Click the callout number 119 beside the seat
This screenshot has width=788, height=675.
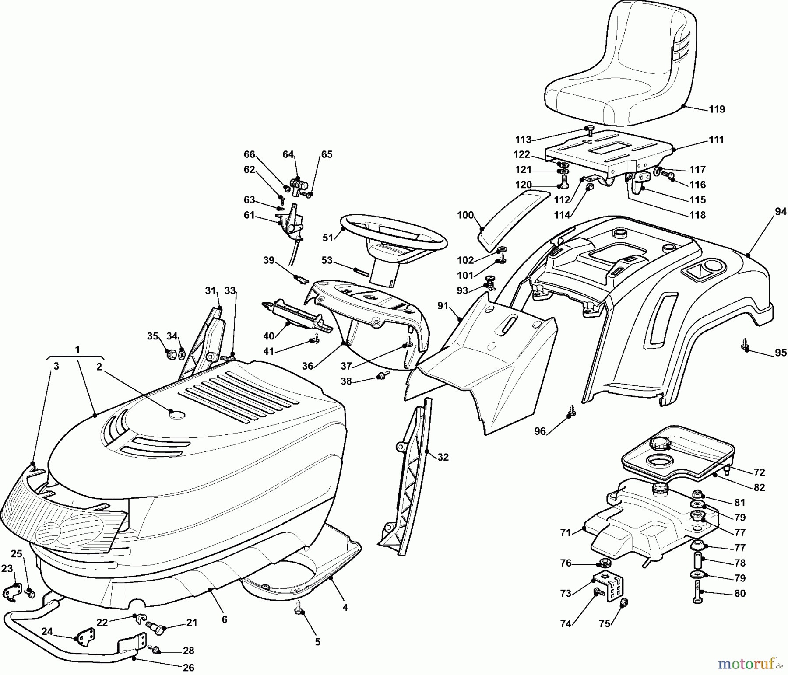(x=717, y=109)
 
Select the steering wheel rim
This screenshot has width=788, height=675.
(x=394, y=221)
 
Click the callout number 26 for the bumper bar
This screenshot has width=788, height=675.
(x=189, y=668)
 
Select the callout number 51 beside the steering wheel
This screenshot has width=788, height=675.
(x=328, y=238)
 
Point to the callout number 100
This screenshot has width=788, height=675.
(x=465, y=215)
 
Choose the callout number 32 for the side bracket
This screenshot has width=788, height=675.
(x=443, y=457)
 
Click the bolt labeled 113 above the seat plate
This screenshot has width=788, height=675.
(x=589, y=130)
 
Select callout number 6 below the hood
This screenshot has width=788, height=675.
(x=225, y=619)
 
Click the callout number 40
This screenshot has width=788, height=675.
(x=269, y=336)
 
